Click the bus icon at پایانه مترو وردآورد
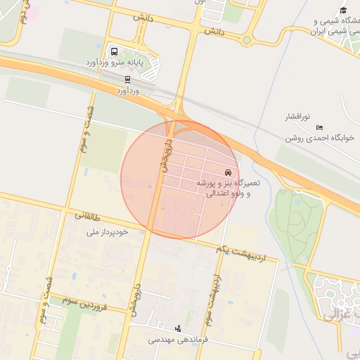(115, 51)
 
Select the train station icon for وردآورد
(127, 79)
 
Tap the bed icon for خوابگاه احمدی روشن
(320, 127)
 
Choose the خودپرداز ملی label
(107, 231)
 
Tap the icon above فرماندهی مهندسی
(177, 328)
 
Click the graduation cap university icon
(342, 10)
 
